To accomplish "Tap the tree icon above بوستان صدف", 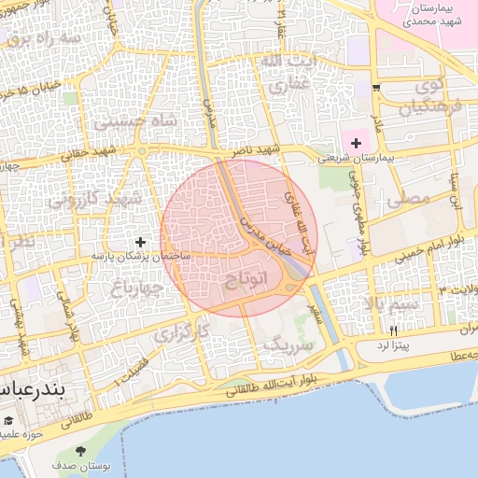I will [91, 453].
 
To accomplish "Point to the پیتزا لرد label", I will [394, 345].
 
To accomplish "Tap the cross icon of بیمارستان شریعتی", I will [355, 143].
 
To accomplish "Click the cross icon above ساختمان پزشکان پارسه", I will [141, 242].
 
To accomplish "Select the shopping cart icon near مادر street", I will [375, 88].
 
